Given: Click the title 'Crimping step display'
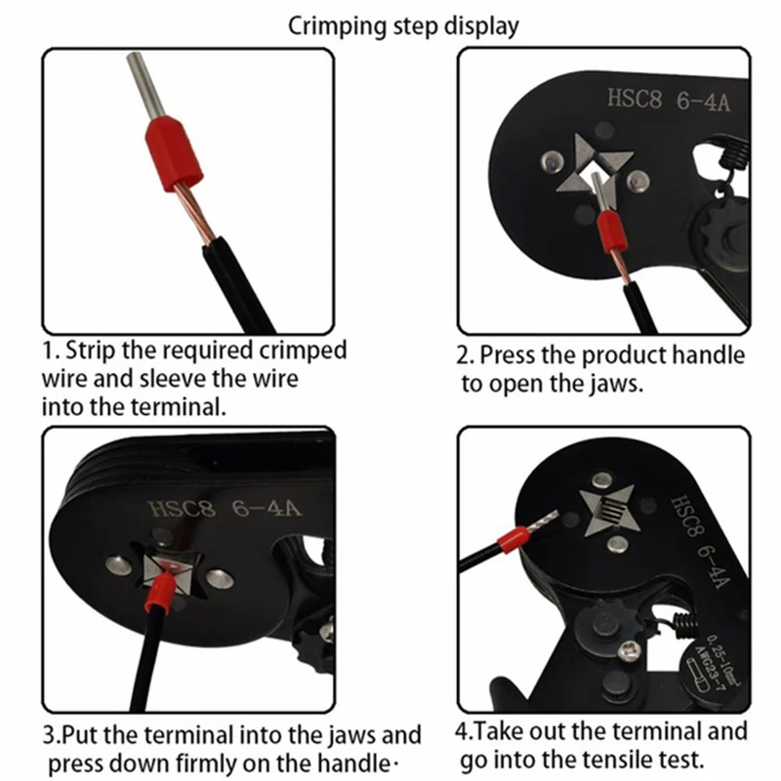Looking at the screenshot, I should (x=403, y=26).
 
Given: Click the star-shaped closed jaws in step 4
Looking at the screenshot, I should (x=608, y=509).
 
